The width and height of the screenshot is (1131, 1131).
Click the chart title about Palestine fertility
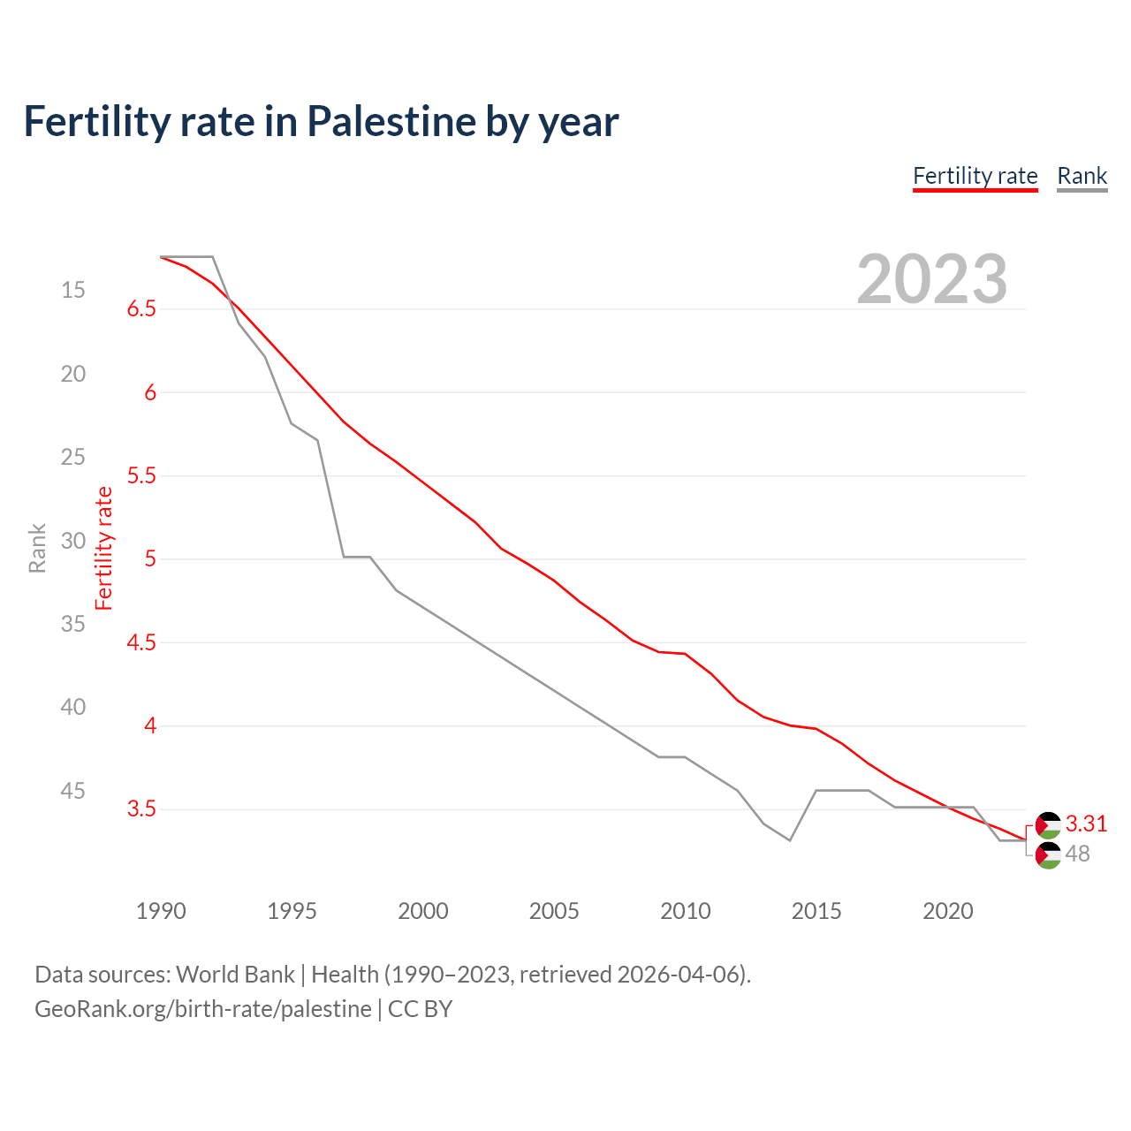click(x=321, y=121)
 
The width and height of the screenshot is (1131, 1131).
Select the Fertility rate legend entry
click(x=975, y=176)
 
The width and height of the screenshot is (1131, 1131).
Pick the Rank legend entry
click(x=1082, y=176)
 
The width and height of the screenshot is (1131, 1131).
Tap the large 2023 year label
click(x=931, y=279)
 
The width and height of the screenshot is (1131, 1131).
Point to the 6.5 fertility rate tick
click(x=141, y=308)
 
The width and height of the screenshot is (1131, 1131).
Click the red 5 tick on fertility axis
click(x=150, y=558)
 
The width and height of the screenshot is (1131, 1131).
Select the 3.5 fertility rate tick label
click(x=141, y=808)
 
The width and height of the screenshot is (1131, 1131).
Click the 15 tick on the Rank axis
click(x=73, y=290)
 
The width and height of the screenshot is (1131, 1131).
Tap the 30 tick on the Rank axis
click(x=73, y=541)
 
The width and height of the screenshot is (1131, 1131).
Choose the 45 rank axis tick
click(x=73, y=791)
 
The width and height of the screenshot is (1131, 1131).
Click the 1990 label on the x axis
click(x=161, y=911)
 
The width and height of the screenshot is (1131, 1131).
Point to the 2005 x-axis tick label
click(x=554, y=911)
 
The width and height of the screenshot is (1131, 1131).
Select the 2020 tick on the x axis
click(x=947, y=911)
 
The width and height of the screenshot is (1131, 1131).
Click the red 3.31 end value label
click(x=1086, y=824)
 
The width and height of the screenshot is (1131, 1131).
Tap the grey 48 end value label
click(x=1077, y=854)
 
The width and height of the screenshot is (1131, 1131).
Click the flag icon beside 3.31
click(x=1048, y=825)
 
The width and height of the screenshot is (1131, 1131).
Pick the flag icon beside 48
click(x=1048, y=855)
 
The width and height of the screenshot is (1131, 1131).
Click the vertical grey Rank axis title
click(x=37, y=548)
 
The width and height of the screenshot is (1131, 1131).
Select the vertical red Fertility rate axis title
click(x=104, y=548)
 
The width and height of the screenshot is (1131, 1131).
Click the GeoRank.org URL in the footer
click(x=203, y=1009)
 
